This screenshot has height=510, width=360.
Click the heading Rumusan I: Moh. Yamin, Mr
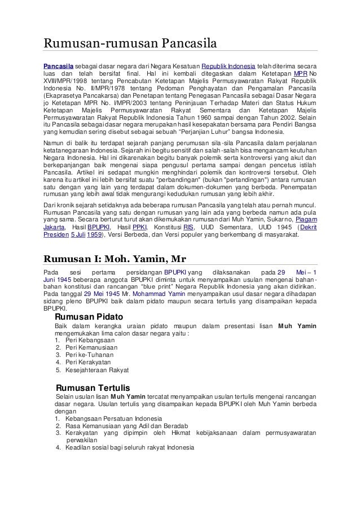coord(115,259)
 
